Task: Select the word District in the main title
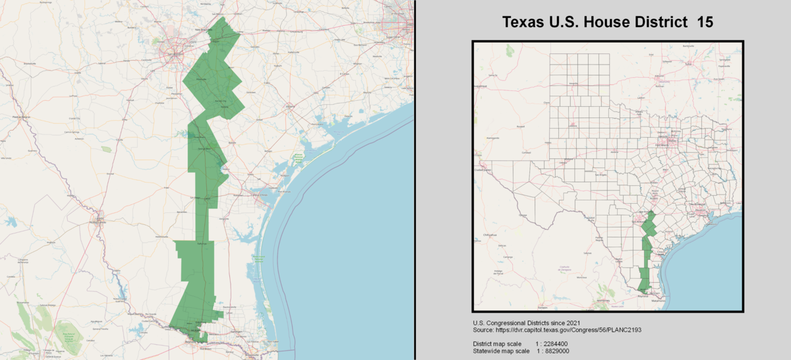tap(660, 22)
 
